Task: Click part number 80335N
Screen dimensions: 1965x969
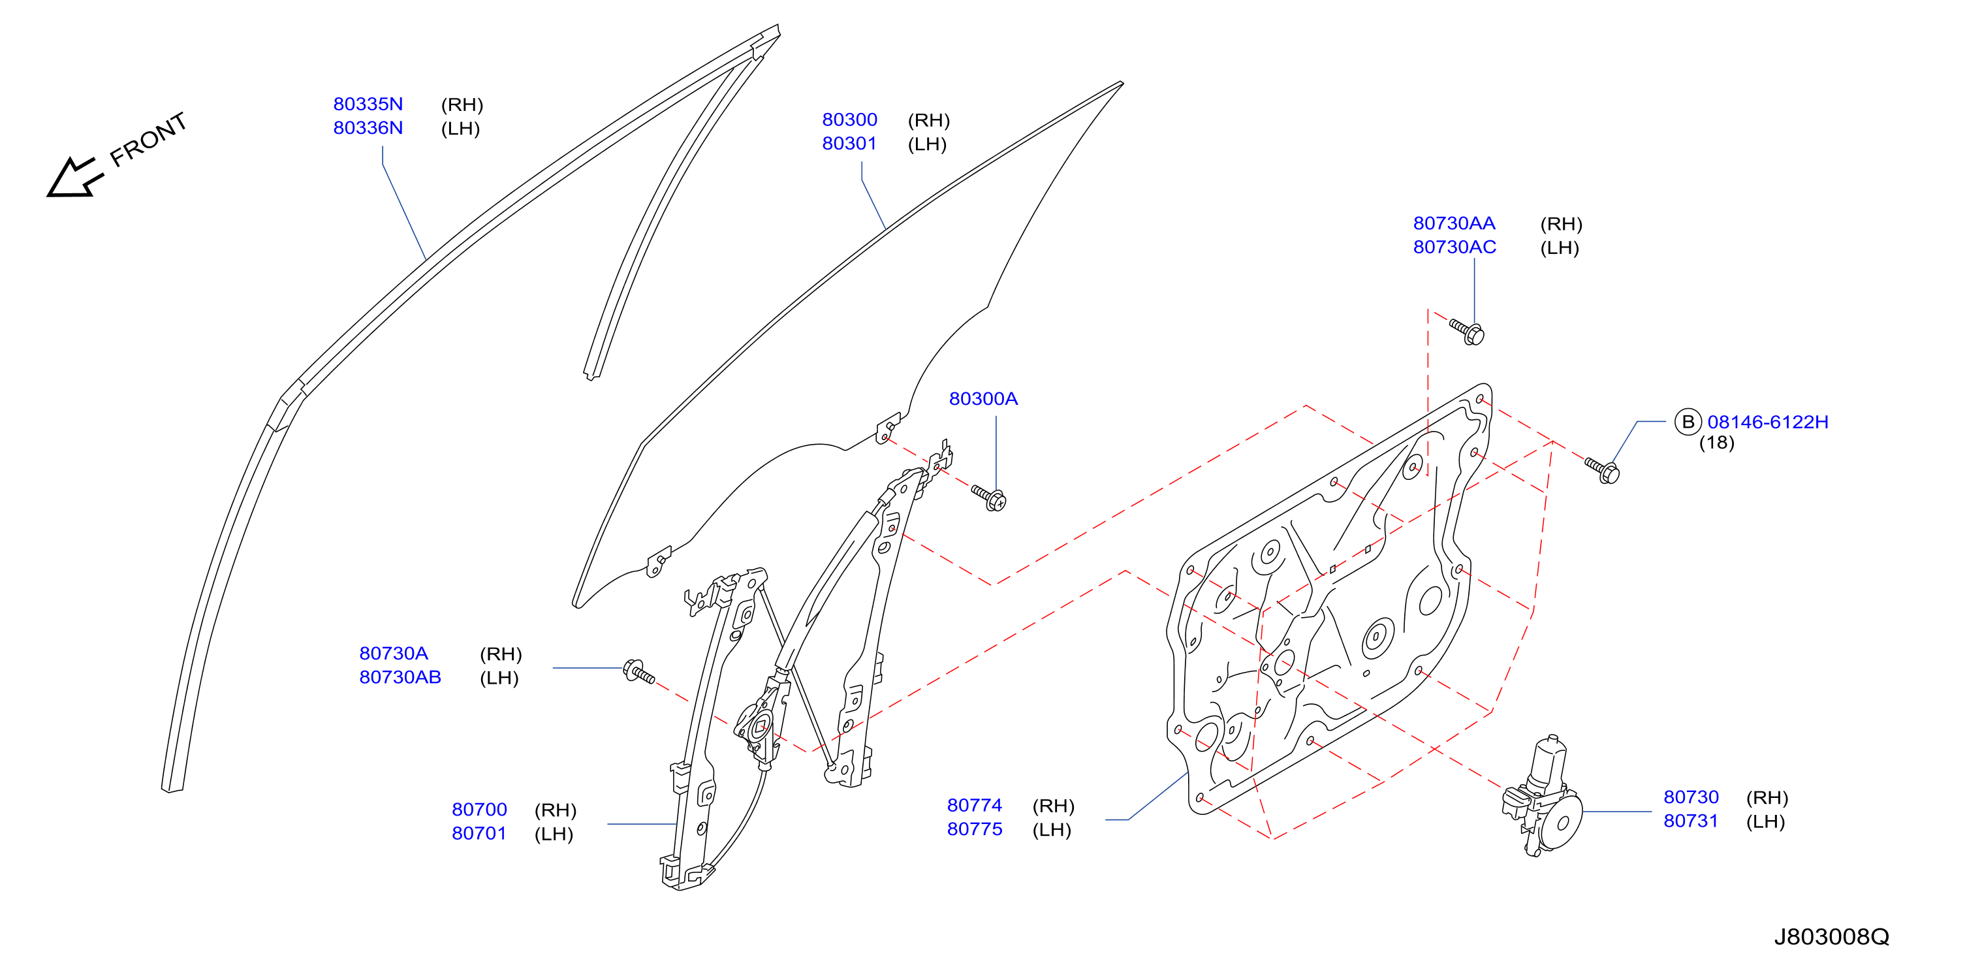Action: (368, 104)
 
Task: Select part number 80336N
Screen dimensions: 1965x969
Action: (368, 127)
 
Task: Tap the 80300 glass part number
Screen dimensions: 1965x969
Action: (849, 119)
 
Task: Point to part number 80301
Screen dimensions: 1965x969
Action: (849, 144)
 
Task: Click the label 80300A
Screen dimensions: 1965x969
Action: (983, 398)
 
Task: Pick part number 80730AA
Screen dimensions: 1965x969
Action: (1454, 223)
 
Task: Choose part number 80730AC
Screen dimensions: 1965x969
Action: (1454, 247)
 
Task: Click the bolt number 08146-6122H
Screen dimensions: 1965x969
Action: (1767, 422)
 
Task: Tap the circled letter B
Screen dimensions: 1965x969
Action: (1688, 422)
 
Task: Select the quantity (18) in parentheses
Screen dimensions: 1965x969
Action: (1716, 443)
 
